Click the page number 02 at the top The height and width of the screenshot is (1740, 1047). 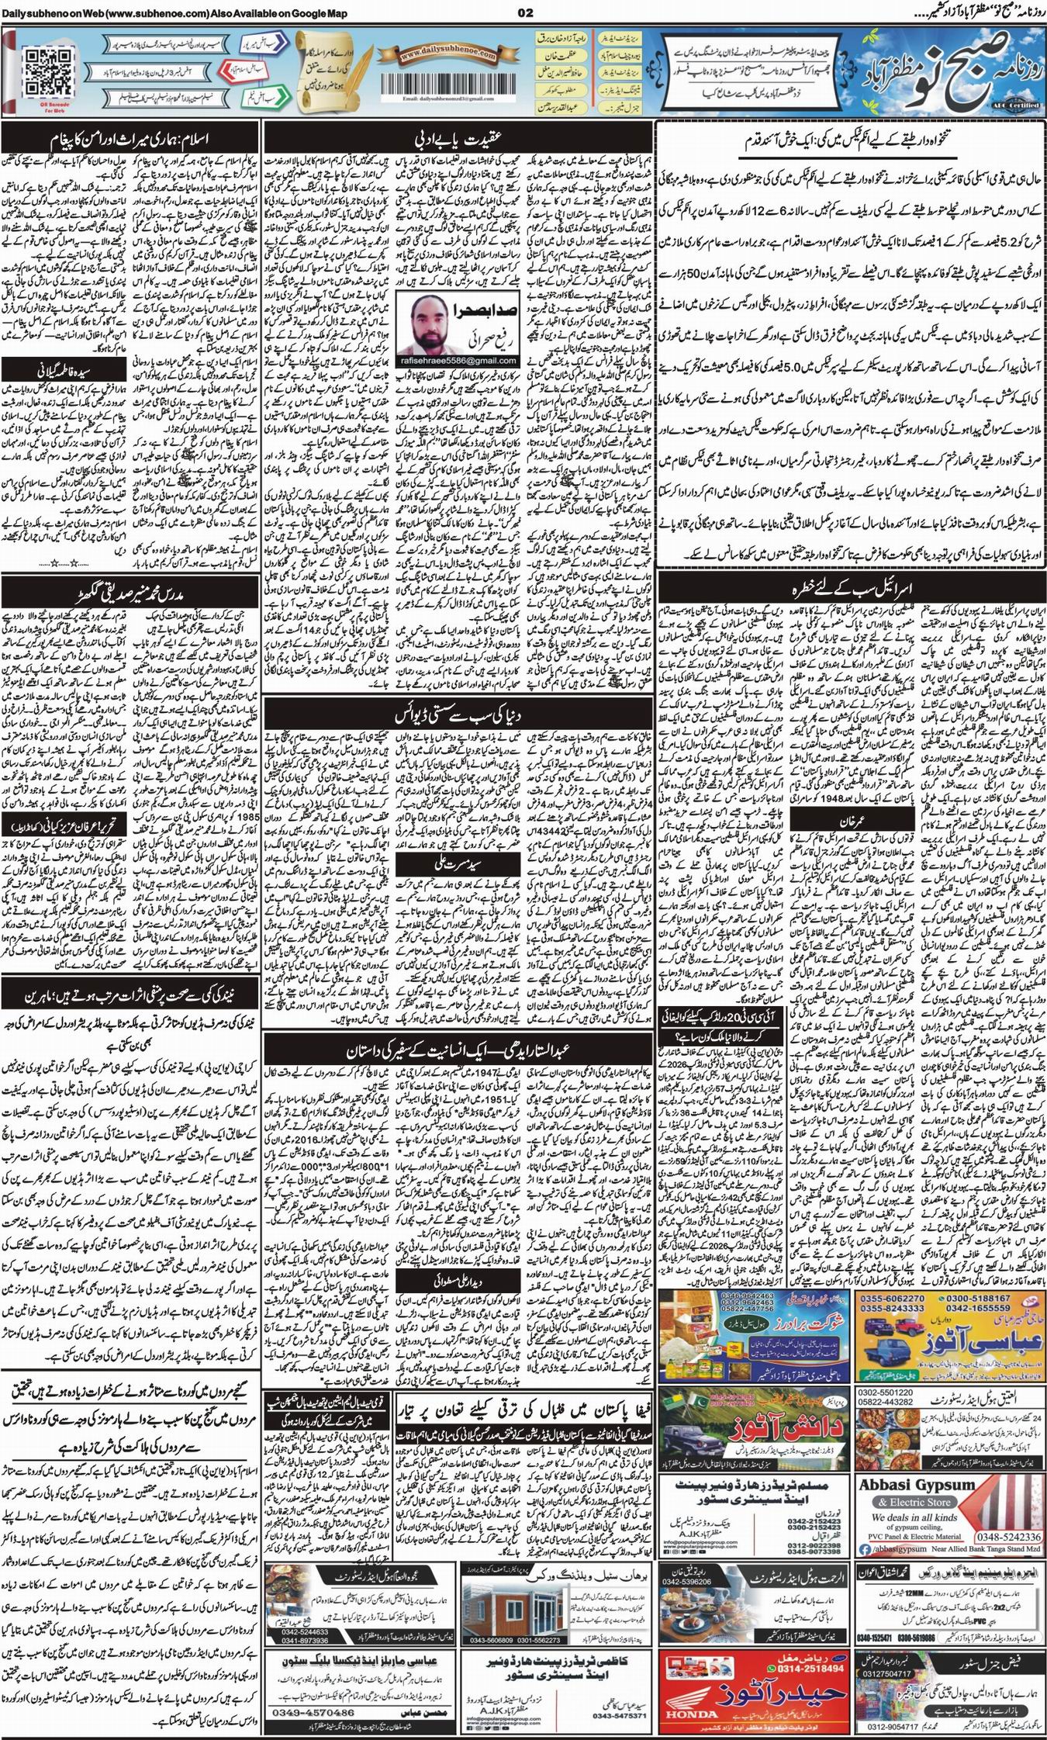coord(525,13)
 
